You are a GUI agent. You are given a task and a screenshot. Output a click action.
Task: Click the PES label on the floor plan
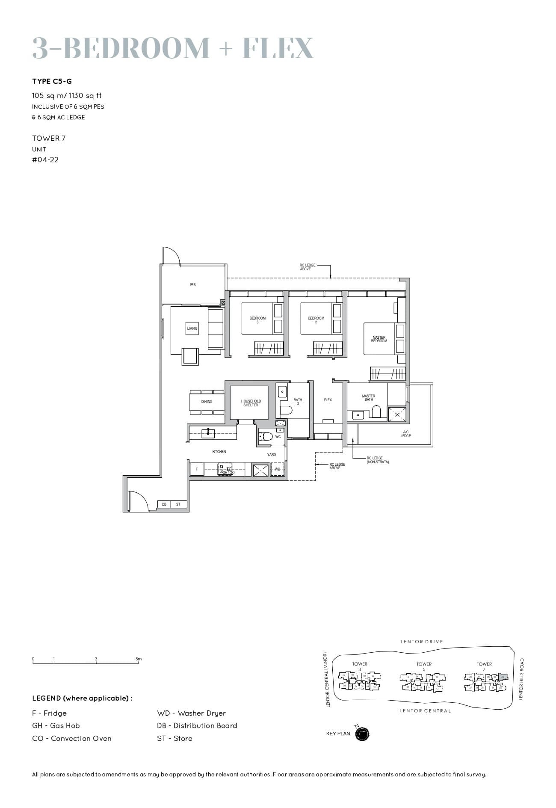(192, 285)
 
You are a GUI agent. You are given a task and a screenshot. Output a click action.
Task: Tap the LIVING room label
(192, 329)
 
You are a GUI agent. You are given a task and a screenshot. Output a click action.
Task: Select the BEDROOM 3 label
(257, 320)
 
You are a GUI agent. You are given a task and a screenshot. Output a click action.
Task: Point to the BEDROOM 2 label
(316, 320)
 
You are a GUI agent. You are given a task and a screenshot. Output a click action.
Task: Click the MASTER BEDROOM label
(379, 339)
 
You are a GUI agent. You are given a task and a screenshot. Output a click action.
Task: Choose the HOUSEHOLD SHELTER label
(251, 403)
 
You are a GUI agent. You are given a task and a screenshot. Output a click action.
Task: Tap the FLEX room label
(328, 400)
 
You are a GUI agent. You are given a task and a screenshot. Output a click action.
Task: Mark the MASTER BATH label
(368, 398)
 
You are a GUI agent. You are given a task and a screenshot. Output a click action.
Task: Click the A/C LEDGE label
(405, 434)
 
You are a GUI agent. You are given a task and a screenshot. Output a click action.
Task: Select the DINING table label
(207, 402)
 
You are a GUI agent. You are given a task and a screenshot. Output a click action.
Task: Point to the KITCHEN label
(219, 452)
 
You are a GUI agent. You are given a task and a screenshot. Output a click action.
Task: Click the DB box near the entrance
(164, 504)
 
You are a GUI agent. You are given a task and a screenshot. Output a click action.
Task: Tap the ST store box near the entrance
(178, 504)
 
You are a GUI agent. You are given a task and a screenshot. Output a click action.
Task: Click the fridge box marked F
(197, 469)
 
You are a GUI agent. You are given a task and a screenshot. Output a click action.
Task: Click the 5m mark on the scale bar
(139, 659)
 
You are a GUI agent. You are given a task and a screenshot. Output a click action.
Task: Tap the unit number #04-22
(45, 160)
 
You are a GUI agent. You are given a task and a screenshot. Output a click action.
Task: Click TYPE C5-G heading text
(52, 81)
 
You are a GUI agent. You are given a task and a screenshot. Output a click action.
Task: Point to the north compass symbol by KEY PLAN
(362, 734)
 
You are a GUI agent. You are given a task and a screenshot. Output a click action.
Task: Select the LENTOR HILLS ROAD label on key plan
(521, 679)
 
